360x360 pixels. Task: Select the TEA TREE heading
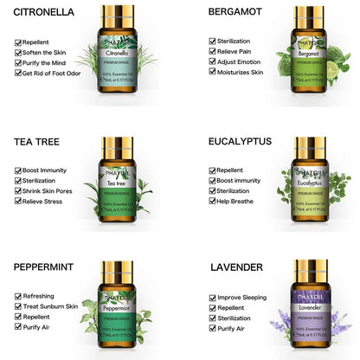pyautogui.click(x=36, y=140)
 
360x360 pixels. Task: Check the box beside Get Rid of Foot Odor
pyautogui.click(x=19, y=73)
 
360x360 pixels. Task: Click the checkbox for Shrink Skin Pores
pyautogui.click(x=19, y=191)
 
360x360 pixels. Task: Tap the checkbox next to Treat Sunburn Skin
pyautogui.click(x=19, y=306)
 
